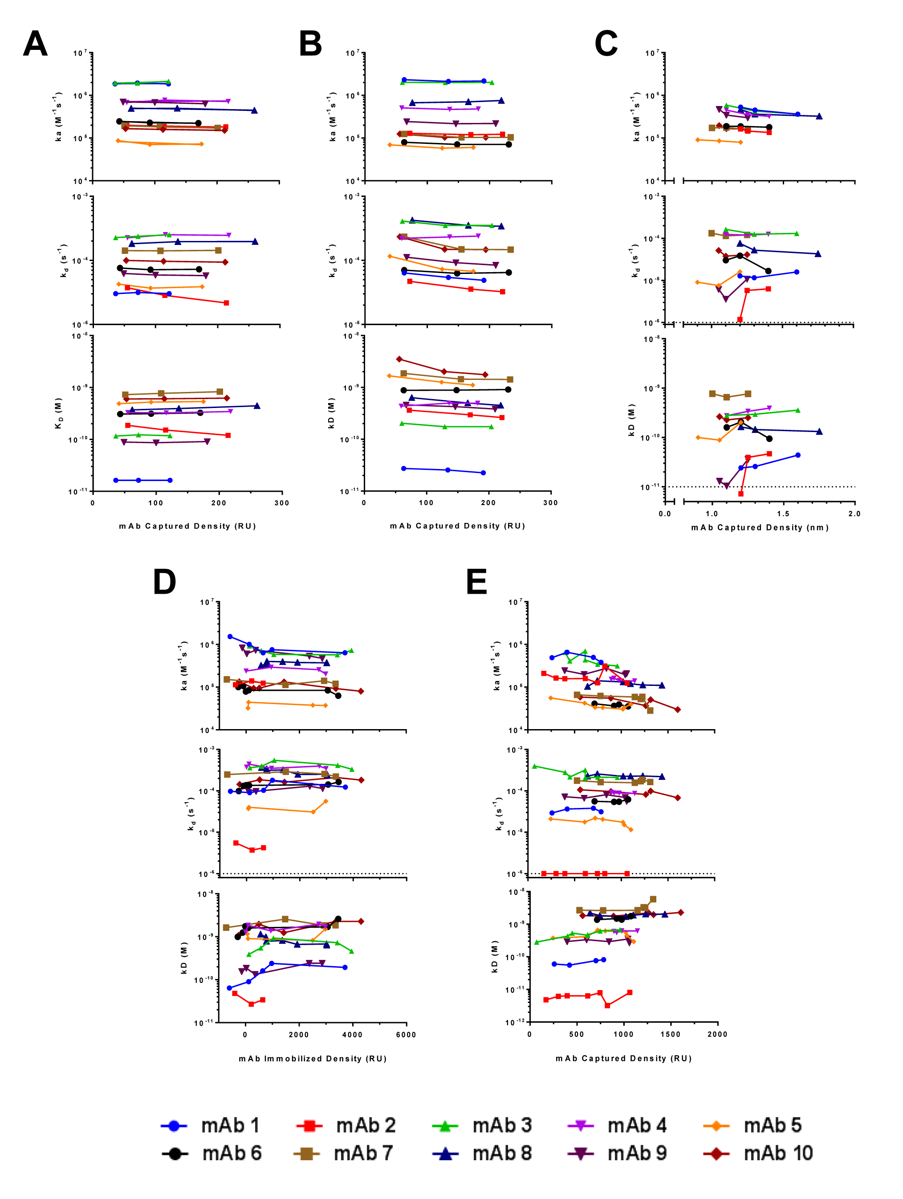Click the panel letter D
(165, 582)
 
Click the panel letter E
(476, 582)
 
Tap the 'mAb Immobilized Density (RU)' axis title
(313, 1059)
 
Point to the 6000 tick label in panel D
(406, 1035)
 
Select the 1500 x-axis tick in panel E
(671, 1034)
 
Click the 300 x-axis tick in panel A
(282, 503)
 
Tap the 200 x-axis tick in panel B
(488, 502)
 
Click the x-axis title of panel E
(624, 1058)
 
